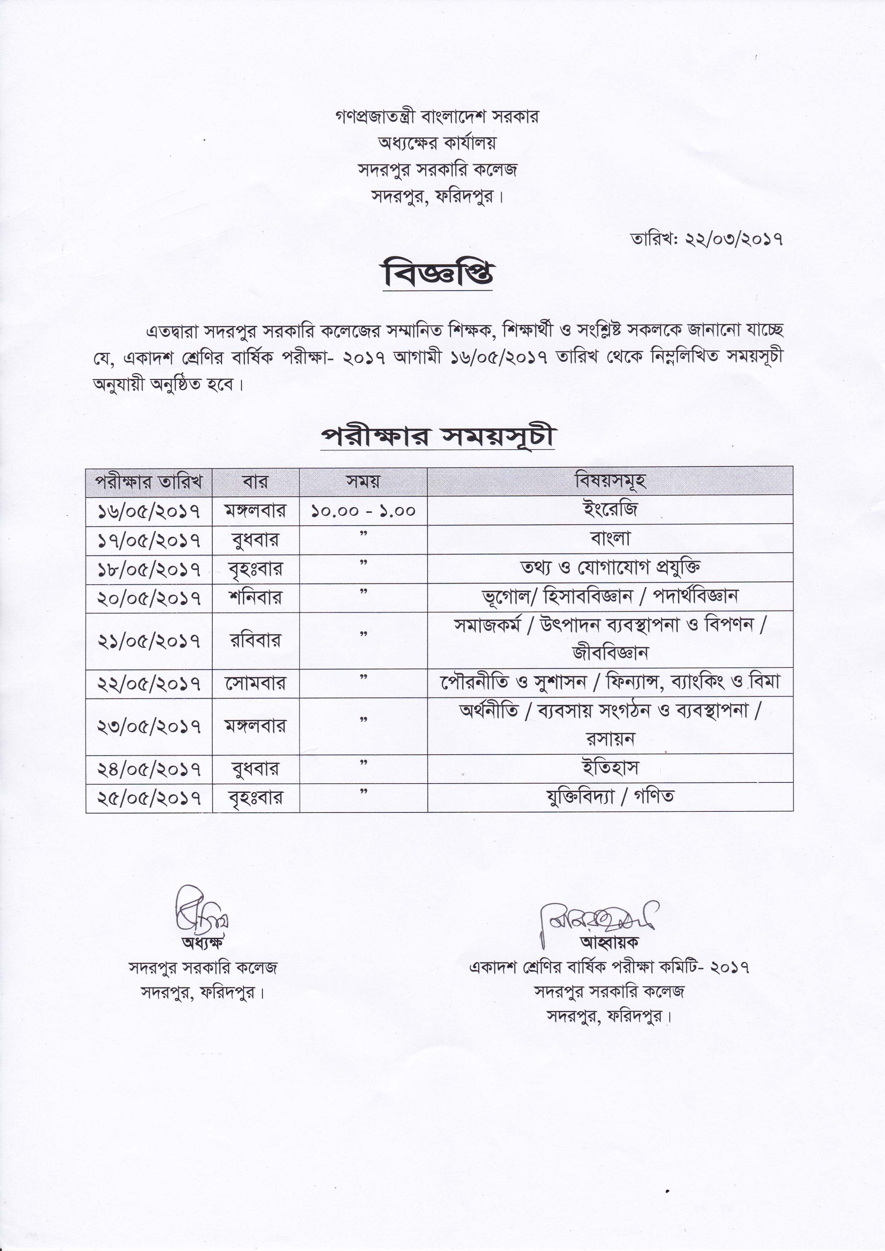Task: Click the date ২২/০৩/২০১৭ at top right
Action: [733, 239]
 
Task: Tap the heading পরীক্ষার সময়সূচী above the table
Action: [438, 437]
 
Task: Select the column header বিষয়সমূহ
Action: [610, 481]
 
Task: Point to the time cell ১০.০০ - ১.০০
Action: [363, 511]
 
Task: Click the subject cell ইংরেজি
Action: [610, 510]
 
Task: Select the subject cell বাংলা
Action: [610, 538]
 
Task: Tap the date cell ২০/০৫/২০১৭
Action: [149, 598]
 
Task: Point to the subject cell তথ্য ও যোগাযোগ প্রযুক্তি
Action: [610, 567]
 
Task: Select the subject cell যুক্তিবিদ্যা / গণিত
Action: [610, 796]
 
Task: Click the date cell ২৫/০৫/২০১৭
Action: [149, 798]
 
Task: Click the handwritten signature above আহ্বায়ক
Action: [597, 917]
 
